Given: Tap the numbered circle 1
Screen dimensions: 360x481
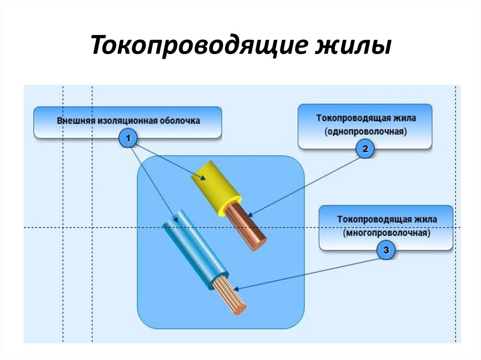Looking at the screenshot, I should (x=128, y=138).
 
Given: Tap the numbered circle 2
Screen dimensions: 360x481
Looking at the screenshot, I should (x=365, y=150).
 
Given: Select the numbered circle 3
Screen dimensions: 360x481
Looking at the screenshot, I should (x=386, y=251).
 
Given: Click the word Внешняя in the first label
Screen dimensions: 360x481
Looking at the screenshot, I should (x=76, y=121).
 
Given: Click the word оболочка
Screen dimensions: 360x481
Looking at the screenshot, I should (x=178, y=121).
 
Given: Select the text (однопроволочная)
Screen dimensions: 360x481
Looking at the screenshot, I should (x=365, y=132).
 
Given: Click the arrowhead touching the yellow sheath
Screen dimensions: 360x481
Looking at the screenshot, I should (x=202, y=178).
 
